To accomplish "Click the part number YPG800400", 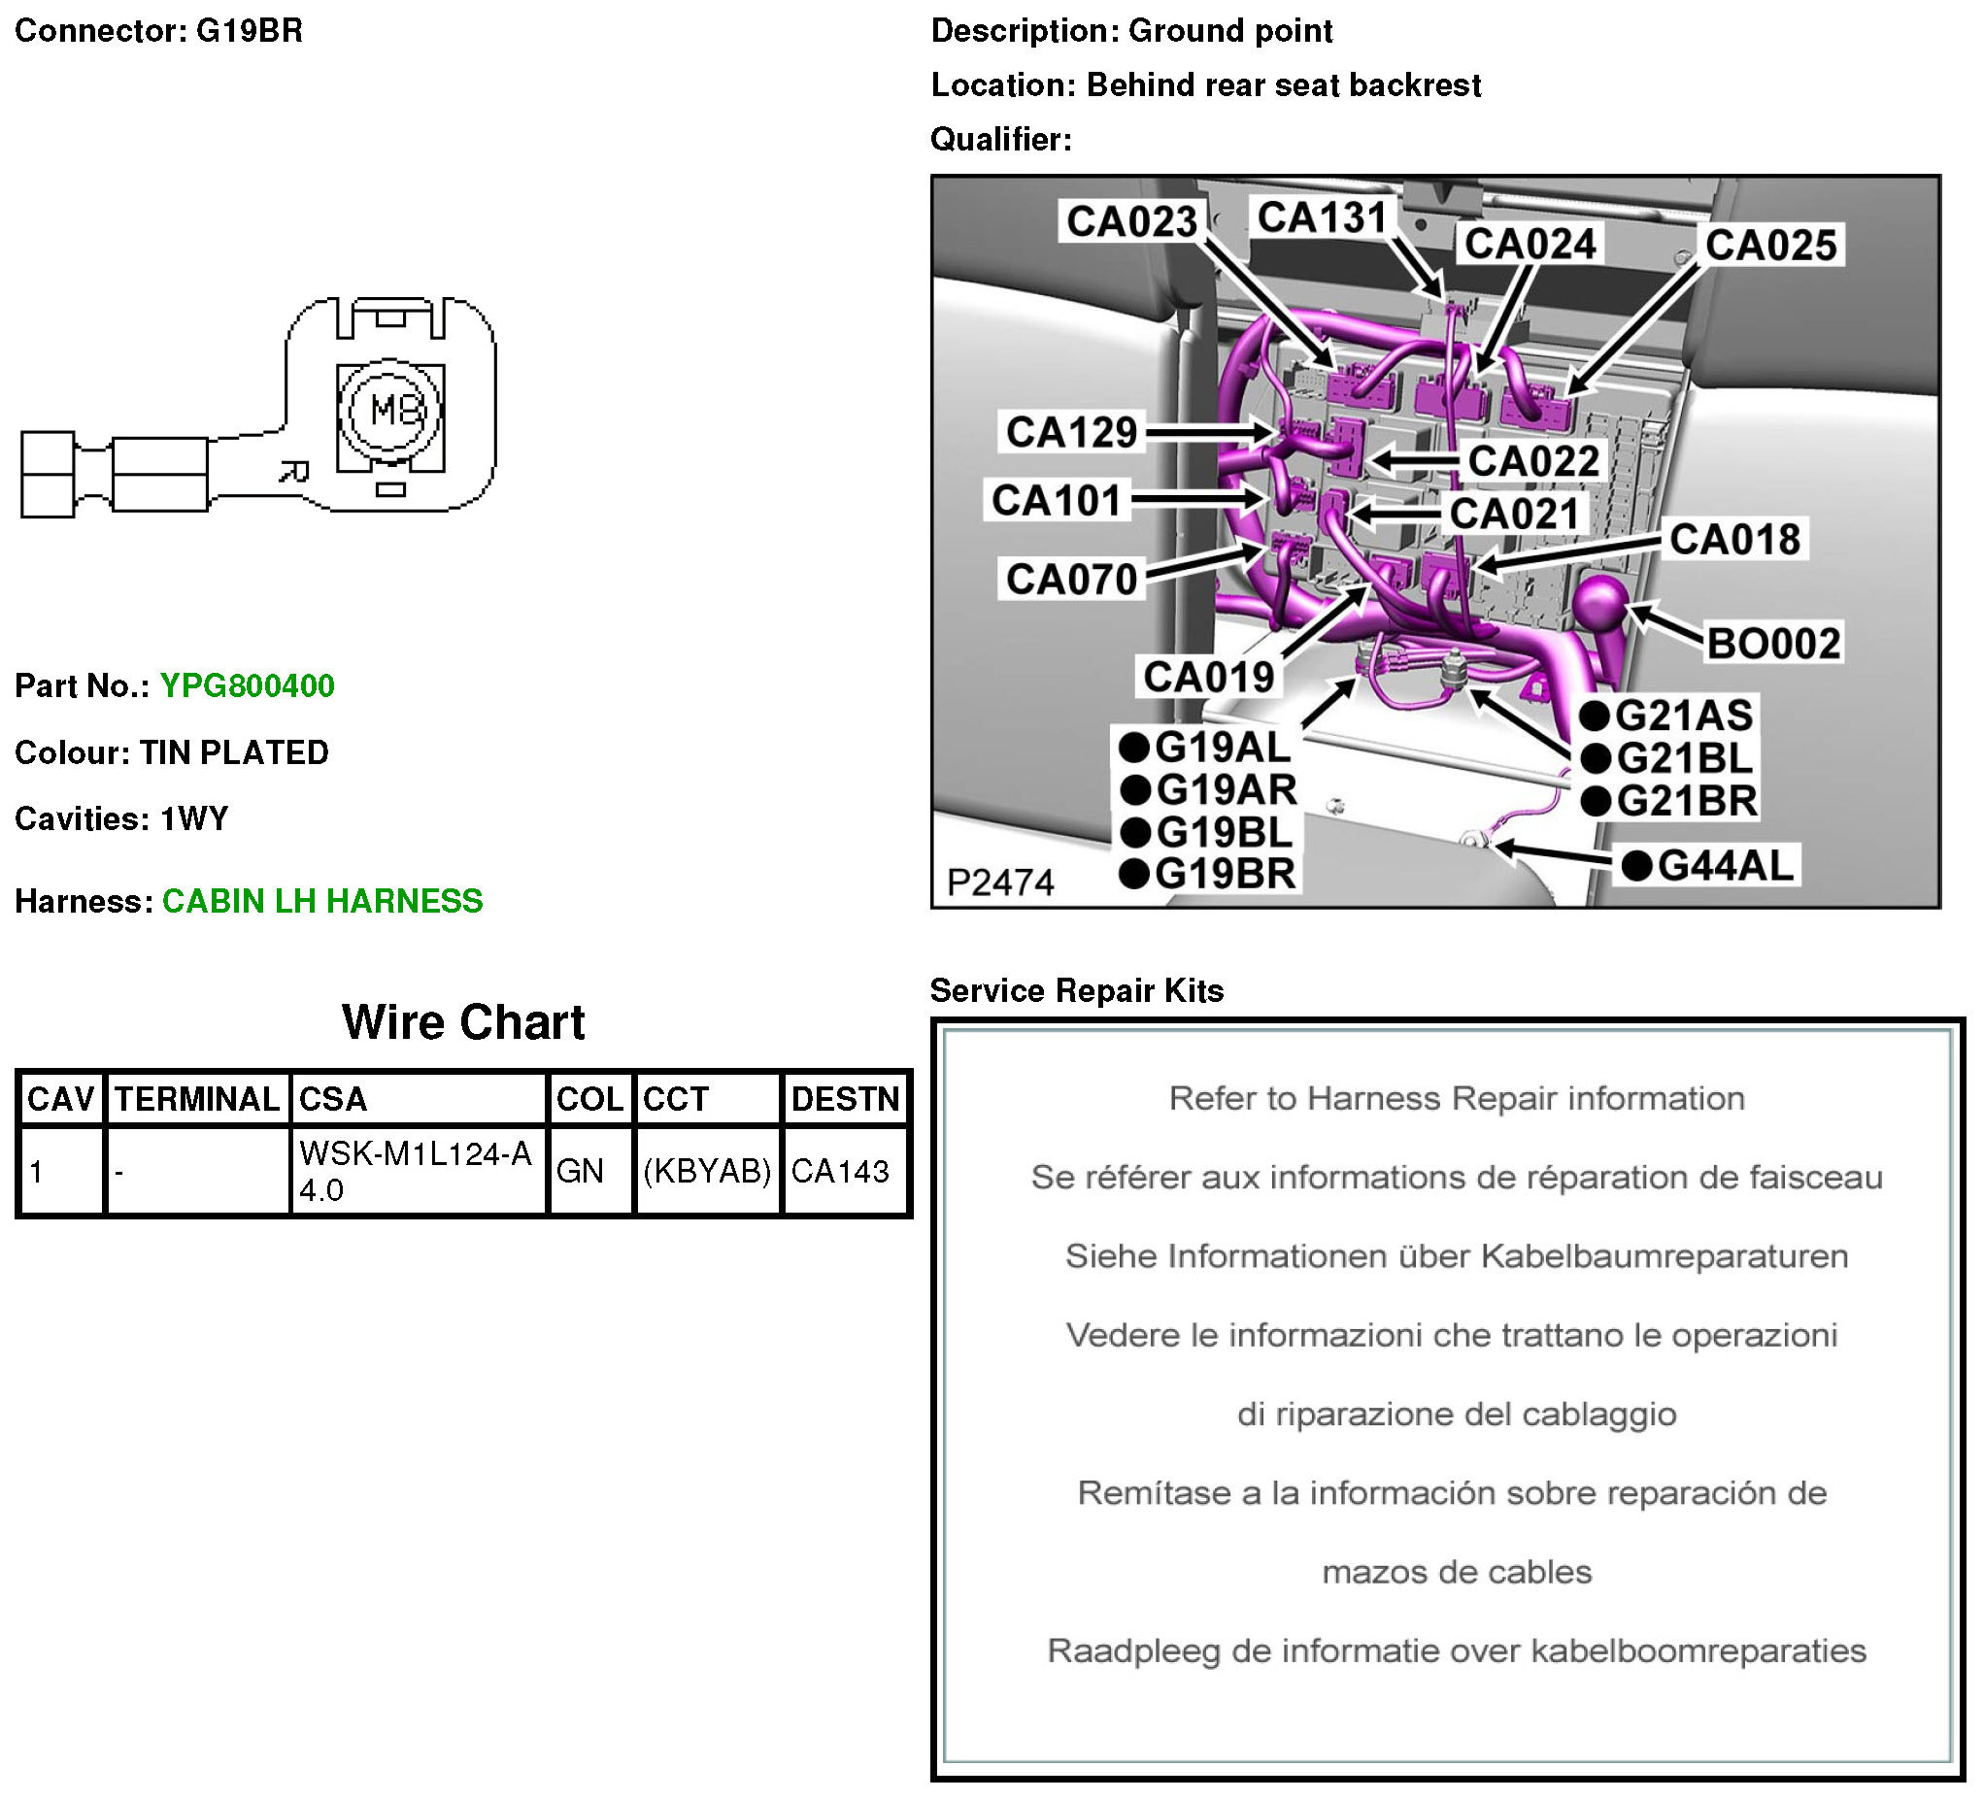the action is point(247,686).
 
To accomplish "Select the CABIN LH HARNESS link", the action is point(322,902).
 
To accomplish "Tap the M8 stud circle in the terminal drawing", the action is point(390,411).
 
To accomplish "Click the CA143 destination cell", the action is point(839,1171).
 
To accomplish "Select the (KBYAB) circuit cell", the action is point(707,1171).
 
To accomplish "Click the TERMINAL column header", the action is point(197,1099).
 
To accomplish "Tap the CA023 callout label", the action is point(1131,221).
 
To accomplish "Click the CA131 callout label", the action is point(1322,217).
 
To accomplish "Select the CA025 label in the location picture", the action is point(1770,245).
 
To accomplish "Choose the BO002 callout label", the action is point(1773,644).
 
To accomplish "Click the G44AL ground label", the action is point(1710,866).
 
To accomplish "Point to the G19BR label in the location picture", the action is point(1208,874).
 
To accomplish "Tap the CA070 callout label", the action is point(1072,579).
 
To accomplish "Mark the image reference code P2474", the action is point(1000,883).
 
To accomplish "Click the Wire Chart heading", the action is point(463,1022).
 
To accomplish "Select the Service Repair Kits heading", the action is point(1077,991).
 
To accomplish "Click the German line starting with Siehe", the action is point(1457,1256).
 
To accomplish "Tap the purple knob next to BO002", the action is point(1602,605).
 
